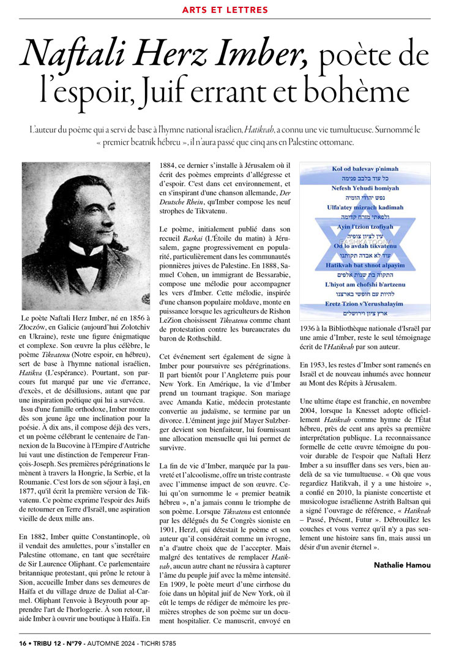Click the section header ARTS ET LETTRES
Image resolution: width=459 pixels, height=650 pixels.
pyautogui.click(x=229, y=10)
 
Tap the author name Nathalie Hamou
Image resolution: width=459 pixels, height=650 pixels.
pyautogui.click(x=401, y=565)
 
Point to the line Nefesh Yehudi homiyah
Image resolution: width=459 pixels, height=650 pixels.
pyautogui.click(x=365, y=188)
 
